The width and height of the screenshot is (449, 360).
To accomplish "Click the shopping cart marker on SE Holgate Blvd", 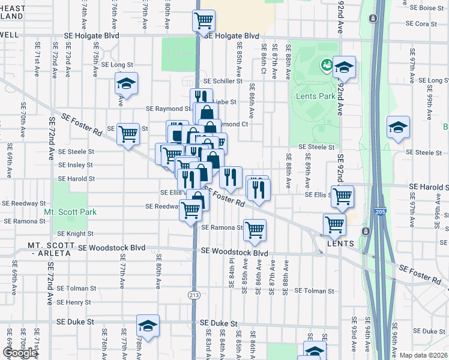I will (x=203, y=21).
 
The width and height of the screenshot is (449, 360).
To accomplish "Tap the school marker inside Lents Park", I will (x=344, y=68).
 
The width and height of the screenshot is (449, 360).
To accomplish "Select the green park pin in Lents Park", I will (x=327, y=64).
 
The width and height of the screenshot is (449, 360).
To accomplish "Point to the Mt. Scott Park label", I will (x=70, y=212).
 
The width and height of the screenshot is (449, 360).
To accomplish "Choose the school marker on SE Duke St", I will (x=148, y=326).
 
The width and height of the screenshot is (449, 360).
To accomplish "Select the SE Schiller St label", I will (x=223, y=81).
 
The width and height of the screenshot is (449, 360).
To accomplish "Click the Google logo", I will (x=20, y=353).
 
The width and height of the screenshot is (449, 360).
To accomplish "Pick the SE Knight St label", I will (x=76, y=234).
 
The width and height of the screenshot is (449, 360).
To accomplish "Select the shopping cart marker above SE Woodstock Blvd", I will (x=255, y=229).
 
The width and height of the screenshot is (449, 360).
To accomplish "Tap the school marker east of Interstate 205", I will (x=398, y=127).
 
